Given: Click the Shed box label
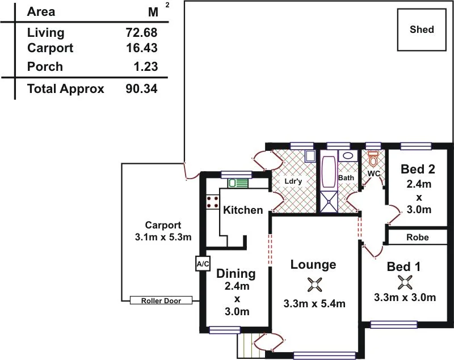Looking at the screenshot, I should (422, 29).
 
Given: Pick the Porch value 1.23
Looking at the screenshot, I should (145, 67).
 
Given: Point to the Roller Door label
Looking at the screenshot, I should (161, 300).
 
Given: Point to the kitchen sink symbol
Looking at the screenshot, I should (238, 183).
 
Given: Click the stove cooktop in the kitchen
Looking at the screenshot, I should (213, 201).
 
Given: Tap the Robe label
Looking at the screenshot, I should (418, 238).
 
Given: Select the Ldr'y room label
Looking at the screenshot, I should (293, 181).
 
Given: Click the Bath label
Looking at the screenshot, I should (346, 177).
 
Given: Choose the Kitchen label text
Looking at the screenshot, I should (243, 210).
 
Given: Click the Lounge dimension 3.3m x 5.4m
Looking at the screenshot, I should (314, 303).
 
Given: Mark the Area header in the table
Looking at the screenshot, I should (41, 11).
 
